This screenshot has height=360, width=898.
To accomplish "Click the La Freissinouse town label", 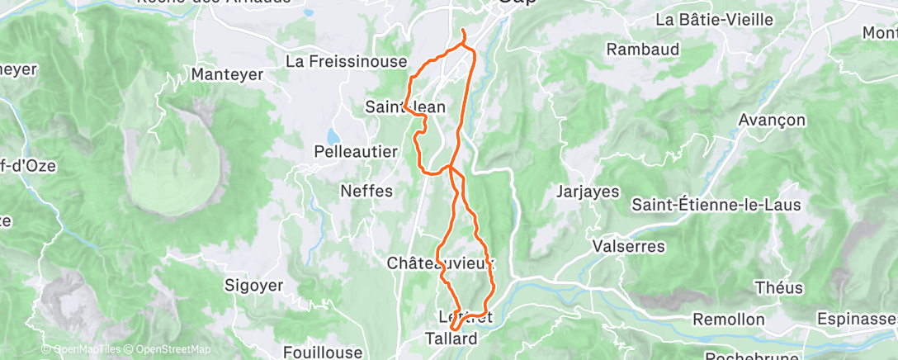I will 347,62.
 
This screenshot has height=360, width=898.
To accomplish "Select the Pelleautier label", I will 356,152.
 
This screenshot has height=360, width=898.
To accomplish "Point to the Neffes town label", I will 366,192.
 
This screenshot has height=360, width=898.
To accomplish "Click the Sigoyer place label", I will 253,286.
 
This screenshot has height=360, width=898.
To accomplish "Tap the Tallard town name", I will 451,339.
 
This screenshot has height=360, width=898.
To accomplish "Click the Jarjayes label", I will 588,192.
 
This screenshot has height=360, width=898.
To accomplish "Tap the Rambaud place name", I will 642,50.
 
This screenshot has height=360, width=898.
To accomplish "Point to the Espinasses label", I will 855,319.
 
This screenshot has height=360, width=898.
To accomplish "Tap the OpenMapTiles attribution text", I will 85,349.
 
